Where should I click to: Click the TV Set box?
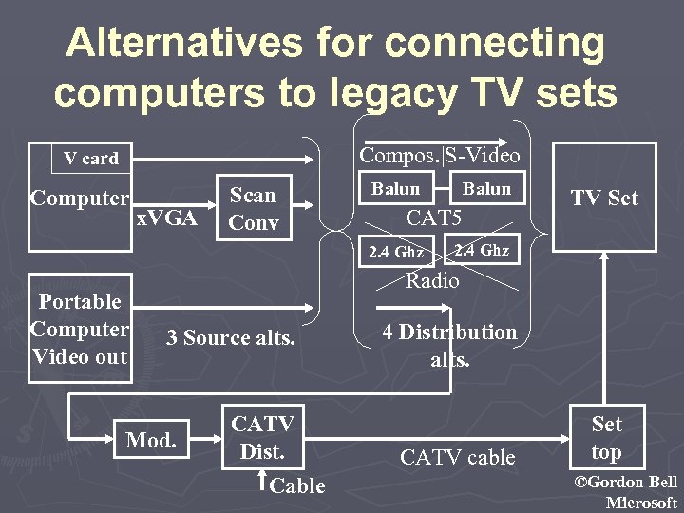tap(604, 198)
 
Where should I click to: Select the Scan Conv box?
tap(253, 209)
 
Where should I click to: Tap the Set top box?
tap(606, 438)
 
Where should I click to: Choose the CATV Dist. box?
tap(262, 437)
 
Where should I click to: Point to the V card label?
tap(91, 159)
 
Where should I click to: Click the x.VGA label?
tap(166, 219)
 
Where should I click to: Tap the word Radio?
tap(432, 280)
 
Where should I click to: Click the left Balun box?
tap(395, 189)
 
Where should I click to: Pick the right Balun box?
tap(486, 189)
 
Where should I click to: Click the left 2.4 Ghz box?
tap(397, 252)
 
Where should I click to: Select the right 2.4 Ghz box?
tap(482, 251)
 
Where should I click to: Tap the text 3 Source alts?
tap(231, 337)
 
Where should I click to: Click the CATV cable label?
tap(458, 457)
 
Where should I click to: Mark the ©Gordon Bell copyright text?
tap(626, 483)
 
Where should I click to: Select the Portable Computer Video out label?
tap(80, 329)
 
